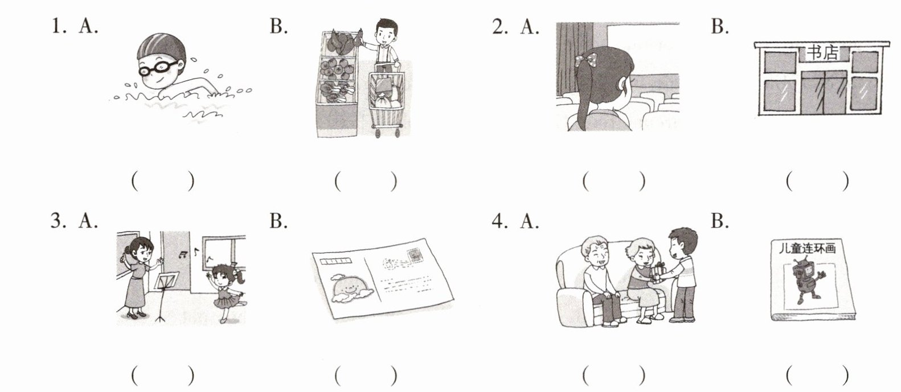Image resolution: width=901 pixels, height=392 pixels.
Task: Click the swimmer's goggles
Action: click(x=158, y=69)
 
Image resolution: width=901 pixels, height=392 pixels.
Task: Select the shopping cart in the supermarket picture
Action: click(x=387, y=100)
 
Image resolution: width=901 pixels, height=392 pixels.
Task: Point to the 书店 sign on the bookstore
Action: click(x=822, y=52)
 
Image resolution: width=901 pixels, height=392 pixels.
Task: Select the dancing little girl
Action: click(x=226, y=292)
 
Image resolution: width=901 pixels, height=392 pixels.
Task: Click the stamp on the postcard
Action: click(x=414, y=255)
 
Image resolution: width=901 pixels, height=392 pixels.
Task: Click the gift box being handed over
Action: click(x=658, y=273)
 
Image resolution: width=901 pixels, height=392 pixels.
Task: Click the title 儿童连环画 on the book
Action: click(x=807, y=249)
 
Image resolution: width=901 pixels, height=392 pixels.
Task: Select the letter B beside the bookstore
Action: click(x=719, y=26)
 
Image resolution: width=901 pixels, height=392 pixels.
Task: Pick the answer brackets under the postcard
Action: click(x=366, y=376)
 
